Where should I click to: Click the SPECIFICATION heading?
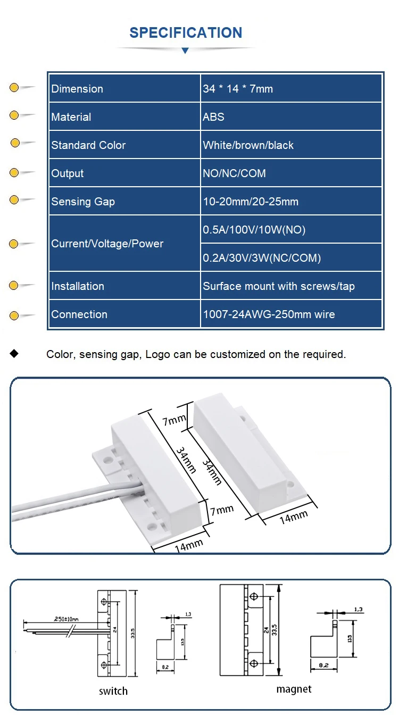coord(186,32)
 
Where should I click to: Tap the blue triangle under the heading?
coord(185,51)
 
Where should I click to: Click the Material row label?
coord(71,117)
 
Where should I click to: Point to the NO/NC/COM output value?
coord(234,173)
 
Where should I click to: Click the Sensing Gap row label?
coord(83,202)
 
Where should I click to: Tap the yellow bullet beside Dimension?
coord(14,88)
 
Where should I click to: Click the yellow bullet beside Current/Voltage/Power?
coord(14,244)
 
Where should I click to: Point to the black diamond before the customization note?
coord(14,354)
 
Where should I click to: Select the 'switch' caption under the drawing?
coord(113,691)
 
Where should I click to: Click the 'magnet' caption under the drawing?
coord(294,689)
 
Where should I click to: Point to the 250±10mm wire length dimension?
coord(66,619)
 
